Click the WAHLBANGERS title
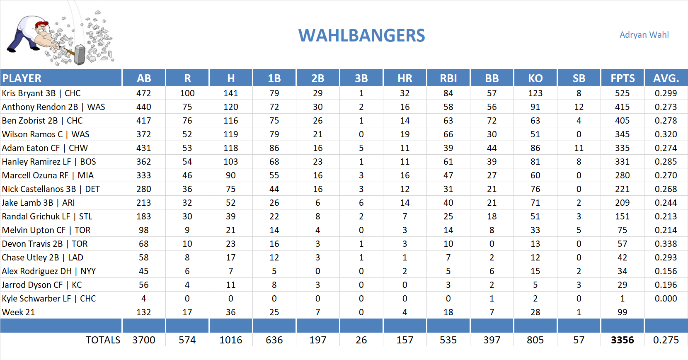[x=361, y=36]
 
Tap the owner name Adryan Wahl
[x=644, y=35]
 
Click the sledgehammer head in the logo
[x=80, y=55]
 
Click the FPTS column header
[x=622, y=78]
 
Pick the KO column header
[x=535, y=78]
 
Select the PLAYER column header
[x=22, y=78]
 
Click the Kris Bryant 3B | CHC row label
[x=41, y=93]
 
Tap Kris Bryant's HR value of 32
[x=405, y=93]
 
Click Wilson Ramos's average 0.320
[x=666, y=134]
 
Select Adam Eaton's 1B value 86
[x=274, y=148]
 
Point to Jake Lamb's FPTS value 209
[x=622, y=203]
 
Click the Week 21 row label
[x=18, y=312]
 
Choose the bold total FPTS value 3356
[x=622, y=340]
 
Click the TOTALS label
[x=103, y=340]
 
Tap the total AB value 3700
[x=143, y=340]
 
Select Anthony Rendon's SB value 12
[x=579, y=107]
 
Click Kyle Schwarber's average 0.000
[x=666, y=299]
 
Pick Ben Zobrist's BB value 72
[x=492, y=121]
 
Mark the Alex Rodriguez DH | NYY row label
[x=48, y=271]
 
